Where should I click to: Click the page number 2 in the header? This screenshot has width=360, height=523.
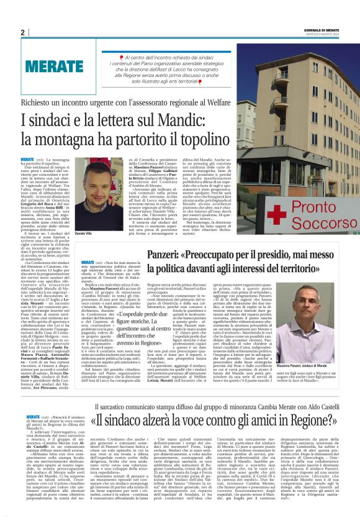click(22, 33)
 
